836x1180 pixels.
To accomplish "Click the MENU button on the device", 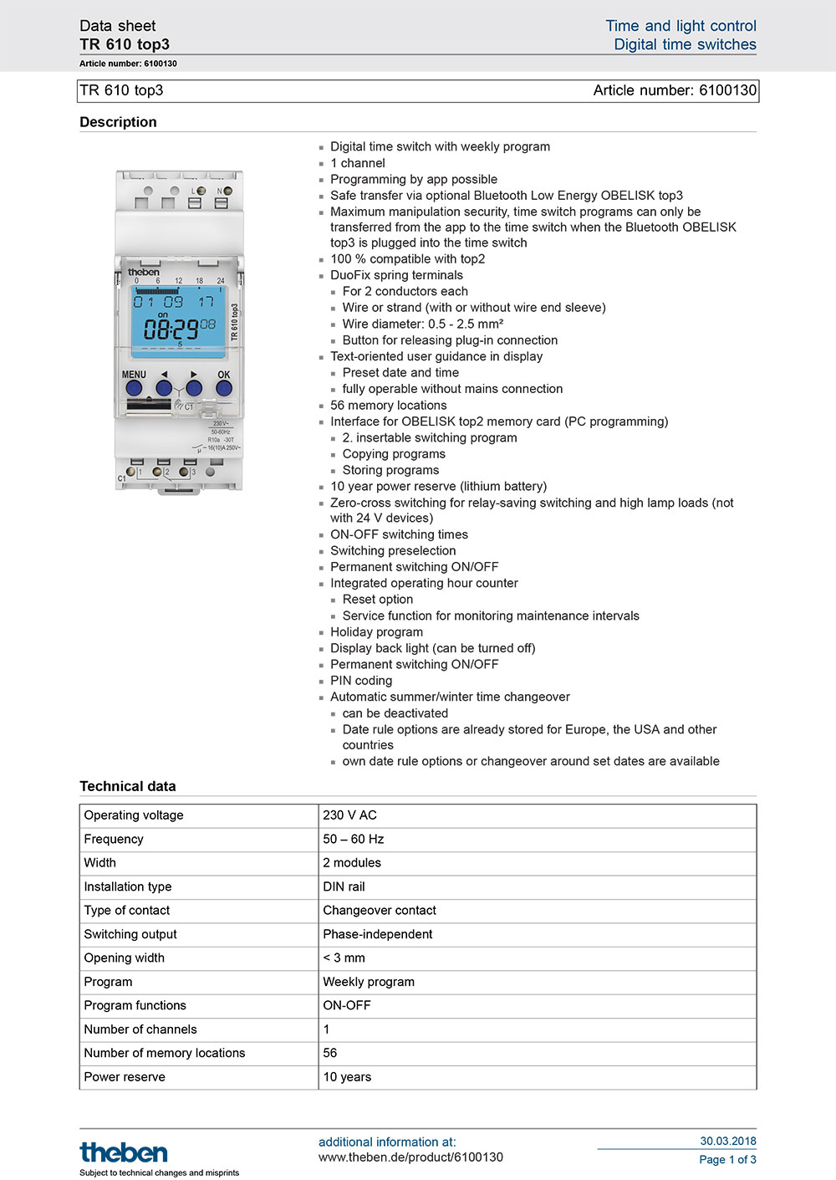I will (134, 388).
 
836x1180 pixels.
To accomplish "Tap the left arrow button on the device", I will (164, 388).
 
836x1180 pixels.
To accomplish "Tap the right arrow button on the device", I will (194, 388).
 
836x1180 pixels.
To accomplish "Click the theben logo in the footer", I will (124, 1152).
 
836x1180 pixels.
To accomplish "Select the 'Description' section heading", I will (118, 122).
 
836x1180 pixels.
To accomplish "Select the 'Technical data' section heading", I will (128, 786).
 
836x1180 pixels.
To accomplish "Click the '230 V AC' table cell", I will (350, 815).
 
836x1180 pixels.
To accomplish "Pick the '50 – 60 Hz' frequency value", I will (354, 839).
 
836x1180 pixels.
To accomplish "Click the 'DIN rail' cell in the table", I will (344, 886).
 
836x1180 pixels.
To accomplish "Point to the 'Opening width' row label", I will (125, 958).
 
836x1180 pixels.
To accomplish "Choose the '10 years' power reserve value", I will (347, 1077).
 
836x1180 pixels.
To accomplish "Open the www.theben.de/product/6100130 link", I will (410, 1157).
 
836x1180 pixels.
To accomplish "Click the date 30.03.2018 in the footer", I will (728, 1141).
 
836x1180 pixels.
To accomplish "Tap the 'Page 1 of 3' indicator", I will (727, 1159).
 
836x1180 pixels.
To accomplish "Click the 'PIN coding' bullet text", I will (361, 681).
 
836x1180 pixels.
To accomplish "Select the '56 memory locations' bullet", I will (389, 406).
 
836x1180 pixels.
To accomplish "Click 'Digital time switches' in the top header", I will (685, 44).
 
